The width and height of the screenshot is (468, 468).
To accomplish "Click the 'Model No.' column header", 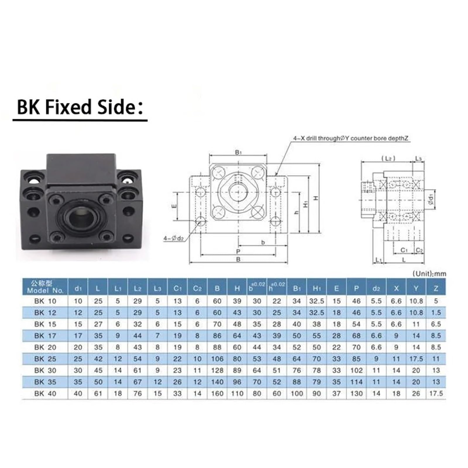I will point(45,287).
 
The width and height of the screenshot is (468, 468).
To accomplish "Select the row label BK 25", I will point(45,359).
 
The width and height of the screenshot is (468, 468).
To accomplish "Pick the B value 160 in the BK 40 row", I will point(217,394).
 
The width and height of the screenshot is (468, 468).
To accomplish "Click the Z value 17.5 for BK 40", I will point(436,394).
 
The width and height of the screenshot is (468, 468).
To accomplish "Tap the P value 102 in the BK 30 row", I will point(356,371).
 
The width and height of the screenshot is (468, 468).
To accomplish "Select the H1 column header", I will point(316,289).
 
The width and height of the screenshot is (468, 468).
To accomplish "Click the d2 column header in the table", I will point(376,289).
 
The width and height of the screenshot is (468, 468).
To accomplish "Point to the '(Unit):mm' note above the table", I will point(429,274).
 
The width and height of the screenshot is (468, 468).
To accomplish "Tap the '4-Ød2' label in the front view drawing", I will point(173,239).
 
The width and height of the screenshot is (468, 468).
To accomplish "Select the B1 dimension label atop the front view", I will point(238,152).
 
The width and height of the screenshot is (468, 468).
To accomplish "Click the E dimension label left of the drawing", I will point(174,206).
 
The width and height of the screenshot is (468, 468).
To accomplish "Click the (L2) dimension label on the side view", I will point(388,158).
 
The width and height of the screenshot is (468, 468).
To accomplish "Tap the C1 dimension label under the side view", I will point(404,250).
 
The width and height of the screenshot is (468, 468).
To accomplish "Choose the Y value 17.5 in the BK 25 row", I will point(416,359).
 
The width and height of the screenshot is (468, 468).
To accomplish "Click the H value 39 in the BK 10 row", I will point(237,301).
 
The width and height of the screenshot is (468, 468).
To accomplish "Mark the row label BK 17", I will point(45,336).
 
